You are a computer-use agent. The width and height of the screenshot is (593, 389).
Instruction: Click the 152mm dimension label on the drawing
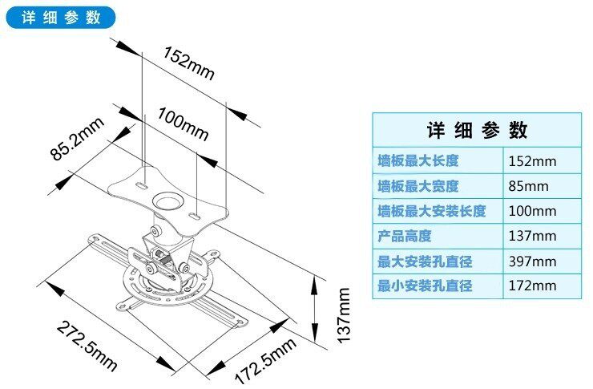point(189,63)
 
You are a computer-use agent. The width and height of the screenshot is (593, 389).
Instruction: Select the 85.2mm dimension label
point(78,139)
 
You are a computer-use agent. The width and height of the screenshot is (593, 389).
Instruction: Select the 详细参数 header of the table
point(476,130)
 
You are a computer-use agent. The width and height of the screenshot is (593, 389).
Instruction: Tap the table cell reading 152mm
point(532,160)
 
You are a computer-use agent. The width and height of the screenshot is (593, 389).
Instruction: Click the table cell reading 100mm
point(532,211)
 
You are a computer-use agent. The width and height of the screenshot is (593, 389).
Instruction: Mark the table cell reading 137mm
point(532,236)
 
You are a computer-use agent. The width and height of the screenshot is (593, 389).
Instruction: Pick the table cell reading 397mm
point(532,261)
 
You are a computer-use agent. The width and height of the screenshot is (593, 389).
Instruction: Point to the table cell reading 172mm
point(532,286)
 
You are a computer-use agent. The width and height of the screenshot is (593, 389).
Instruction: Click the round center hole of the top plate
point(168,195)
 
